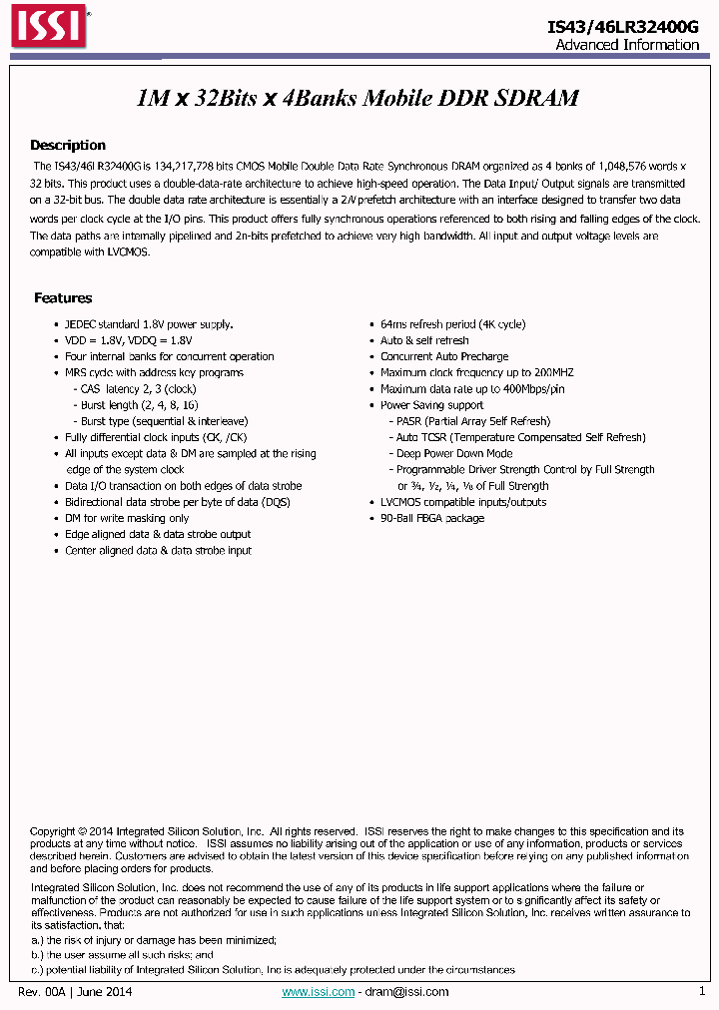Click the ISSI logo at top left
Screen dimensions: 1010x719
click(x=49, y=30)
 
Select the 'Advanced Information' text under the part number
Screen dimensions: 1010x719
click(x=626, y=45)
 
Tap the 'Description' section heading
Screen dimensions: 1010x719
click(x=67, y=146)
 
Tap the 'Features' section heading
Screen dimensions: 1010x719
click(x=63, y=298)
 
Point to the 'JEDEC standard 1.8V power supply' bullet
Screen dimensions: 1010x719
click(x=149, y=324)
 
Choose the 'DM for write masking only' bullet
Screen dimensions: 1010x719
click(x=127, y=519)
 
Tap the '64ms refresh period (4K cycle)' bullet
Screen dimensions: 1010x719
click(x=452, y=324)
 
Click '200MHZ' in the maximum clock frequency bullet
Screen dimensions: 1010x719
click(x=553, y=373)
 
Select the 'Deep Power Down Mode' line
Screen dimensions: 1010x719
click(x=454, y=454)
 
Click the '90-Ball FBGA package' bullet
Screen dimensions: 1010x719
click(x=432, y=519)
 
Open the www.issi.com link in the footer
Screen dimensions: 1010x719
click(x=318, y=992)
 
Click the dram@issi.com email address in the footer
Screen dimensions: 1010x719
click(x=406, y=992)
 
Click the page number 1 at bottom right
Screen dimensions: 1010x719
click(x=701, y=991)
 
